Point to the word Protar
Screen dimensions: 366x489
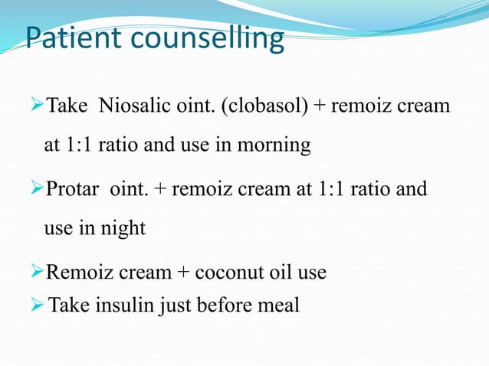point(73,188)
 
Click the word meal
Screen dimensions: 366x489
point(281,306)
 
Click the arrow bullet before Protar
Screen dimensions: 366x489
point(36,188)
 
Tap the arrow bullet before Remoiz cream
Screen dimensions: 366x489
point(36,272)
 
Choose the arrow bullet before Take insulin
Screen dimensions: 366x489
point(38,306)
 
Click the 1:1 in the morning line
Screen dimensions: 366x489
point(80,146)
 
